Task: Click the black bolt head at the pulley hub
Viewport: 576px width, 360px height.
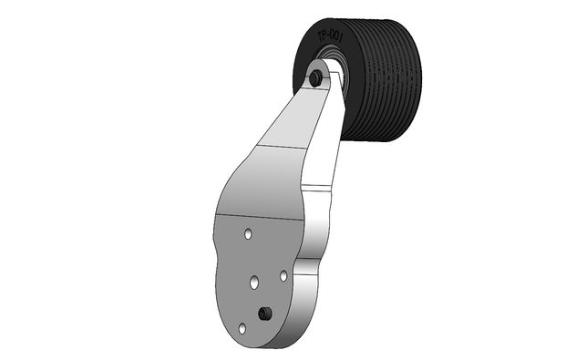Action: point(315,79)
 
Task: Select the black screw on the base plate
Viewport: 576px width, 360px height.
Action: point(264,314)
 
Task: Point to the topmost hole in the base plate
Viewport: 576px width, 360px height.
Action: point(248,235)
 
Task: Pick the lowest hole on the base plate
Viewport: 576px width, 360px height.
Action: point(242,327)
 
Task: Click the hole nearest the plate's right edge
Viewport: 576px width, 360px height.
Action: point(283,273)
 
